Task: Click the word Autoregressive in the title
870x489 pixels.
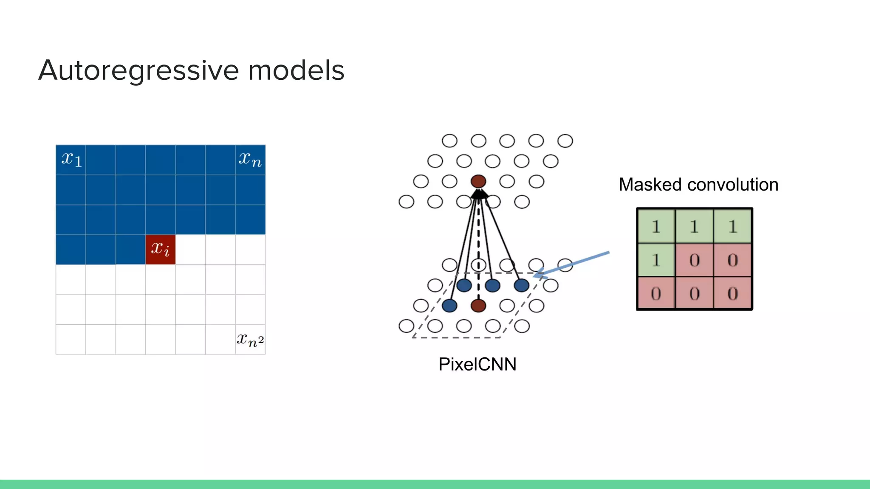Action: tap(138, 70)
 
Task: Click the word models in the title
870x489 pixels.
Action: tap(296, 70)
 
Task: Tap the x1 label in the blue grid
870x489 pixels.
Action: tap(71, 160)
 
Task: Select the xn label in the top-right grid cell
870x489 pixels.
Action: tap(250, 160)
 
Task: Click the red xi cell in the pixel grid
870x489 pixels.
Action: tap(161, 250)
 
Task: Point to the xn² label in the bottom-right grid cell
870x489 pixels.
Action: tap(250, 340)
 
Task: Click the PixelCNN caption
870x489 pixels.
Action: tap(477, 364)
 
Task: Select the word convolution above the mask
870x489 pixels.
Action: tap(733, 185)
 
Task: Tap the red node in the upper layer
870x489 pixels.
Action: tap(478, 181)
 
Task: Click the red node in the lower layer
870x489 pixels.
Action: tap(478, 305)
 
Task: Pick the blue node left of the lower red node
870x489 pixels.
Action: tap(449, 305)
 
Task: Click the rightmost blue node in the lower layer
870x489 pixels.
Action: tap(521, 285)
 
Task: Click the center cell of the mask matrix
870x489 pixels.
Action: tap(694, 260)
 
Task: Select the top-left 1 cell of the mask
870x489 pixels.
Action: tap(656, 226)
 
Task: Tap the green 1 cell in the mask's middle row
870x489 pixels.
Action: tap(656, 260)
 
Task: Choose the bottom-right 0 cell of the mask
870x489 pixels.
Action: tap(732, 293)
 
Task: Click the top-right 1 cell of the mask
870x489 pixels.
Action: tap(732, 226)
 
